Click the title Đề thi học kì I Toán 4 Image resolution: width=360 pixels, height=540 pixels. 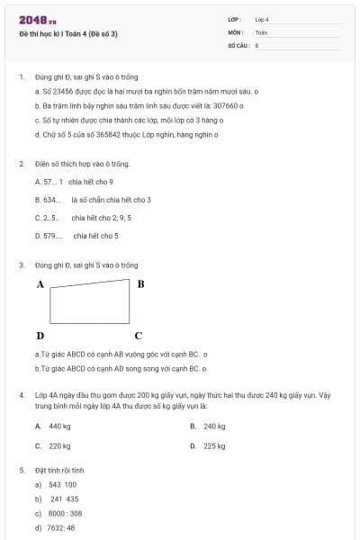coord(68,33)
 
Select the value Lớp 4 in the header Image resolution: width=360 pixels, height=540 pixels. coord(262,19)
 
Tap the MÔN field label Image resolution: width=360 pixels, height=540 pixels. coord(236,31)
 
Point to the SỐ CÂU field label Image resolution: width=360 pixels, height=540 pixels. coord(238,44)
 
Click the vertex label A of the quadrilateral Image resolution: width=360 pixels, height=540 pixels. coord(40,283)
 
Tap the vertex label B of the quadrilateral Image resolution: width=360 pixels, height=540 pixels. coord(140,283)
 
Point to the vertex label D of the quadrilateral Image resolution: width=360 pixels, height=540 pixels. coord(40,335)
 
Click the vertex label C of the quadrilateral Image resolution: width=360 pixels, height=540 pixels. coord(138,336)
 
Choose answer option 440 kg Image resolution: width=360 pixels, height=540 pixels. coord(59,426)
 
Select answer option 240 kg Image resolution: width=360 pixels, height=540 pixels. coord(214,426)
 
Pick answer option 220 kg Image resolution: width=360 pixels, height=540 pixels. coord(59,445)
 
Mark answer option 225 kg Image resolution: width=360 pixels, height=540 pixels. coord(214,445)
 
